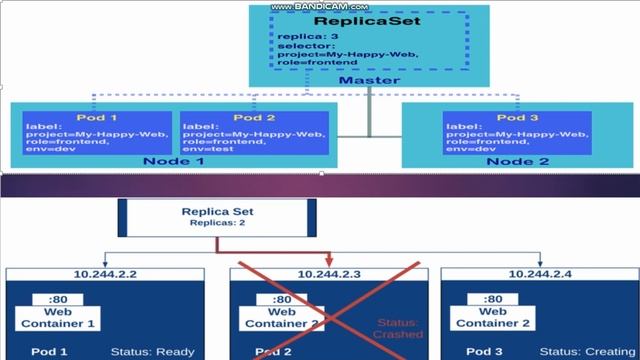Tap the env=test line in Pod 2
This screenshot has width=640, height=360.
[x=210, y=149]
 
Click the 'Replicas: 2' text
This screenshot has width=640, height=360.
[x=217, y=224]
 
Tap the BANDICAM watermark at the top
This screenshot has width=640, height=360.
[x=320, y=6]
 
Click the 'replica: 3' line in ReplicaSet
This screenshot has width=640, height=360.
[x=304, y=35]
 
